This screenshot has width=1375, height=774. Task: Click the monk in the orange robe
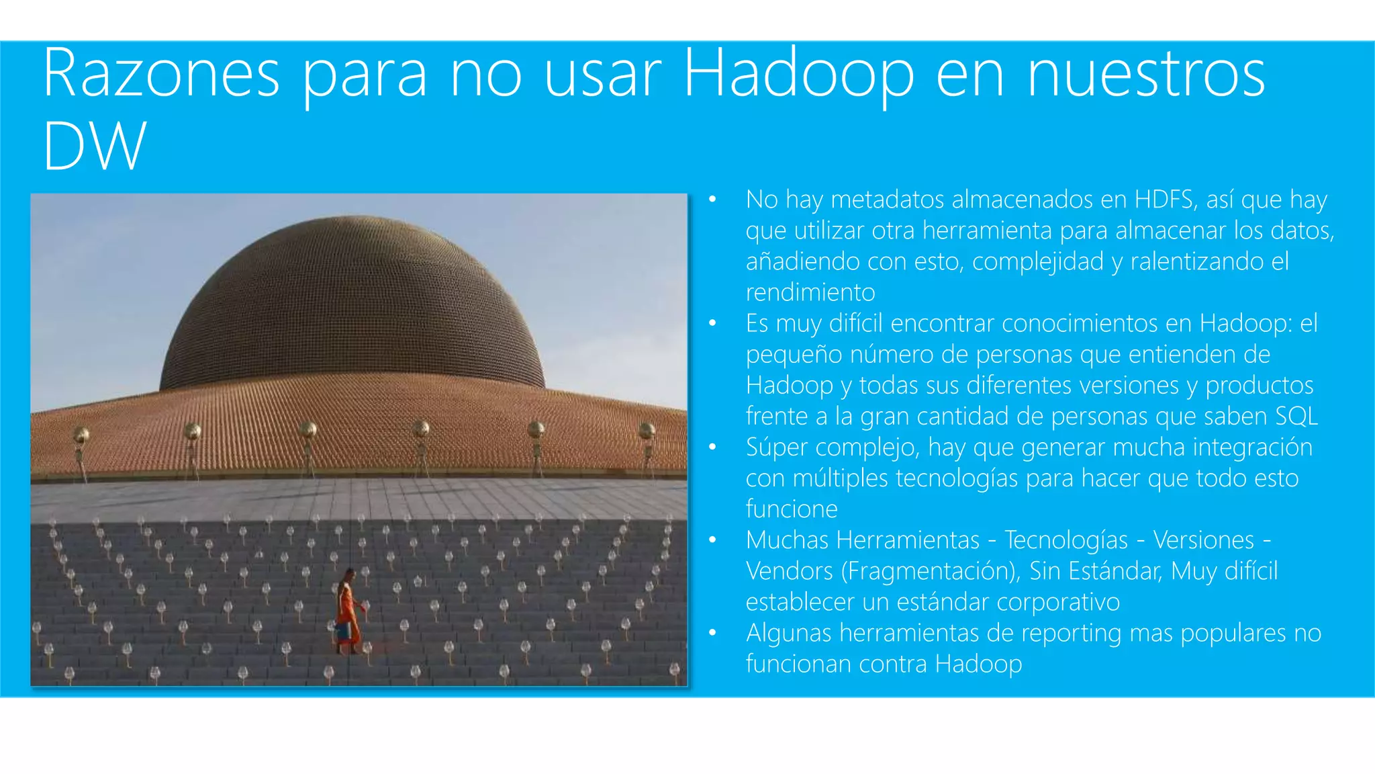click(348, 608)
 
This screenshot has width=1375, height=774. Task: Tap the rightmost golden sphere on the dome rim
click(647, 431)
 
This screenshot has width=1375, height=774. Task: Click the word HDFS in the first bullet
click(1165, 200)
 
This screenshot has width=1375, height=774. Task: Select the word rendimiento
click(810, 292)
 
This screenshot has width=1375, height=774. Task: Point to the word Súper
click(777, 447)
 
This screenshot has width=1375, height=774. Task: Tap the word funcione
click(792, 509)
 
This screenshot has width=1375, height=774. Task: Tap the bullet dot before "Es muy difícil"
click(712, 324)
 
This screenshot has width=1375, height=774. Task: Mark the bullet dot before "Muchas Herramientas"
click(712, 540)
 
